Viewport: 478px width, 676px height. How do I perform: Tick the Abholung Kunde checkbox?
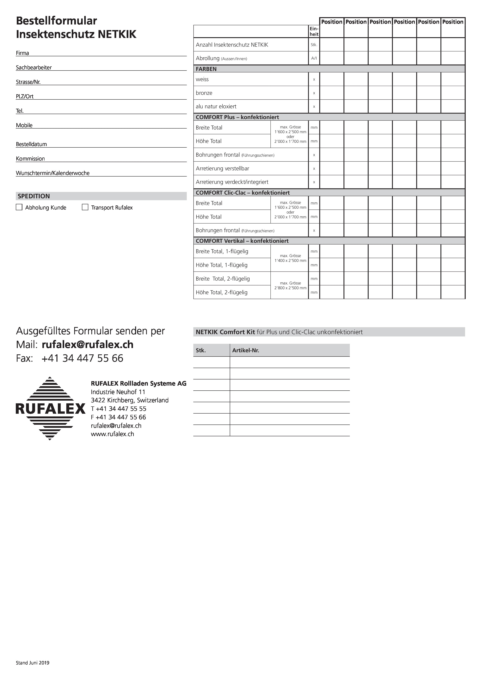click(19, 207)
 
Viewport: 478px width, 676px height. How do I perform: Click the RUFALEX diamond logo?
click(50, 408)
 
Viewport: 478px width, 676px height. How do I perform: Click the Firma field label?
click(22, 53)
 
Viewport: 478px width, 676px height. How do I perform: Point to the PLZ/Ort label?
click(25, 97)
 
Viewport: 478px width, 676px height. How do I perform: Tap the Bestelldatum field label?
click(31, 144)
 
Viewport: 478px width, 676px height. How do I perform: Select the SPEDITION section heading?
click(34, 196)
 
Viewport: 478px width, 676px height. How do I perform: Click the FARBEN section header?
click(206, 69)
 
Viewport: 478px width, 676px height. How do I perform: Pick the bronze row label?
click(204, 93)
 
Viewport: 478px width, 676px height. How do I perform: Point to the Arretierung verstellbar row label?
click(222, 169)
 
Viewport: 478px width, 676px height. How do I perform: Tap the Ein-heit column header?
click(314, 31)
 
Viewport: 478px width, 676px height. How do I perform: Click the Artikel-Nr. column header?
click(246, 350)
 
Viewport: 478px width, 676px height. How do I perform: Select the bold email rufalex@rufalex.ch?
click(88, 345)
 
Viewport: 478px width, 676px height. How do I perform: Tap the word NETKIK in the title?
click(117, 34)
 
